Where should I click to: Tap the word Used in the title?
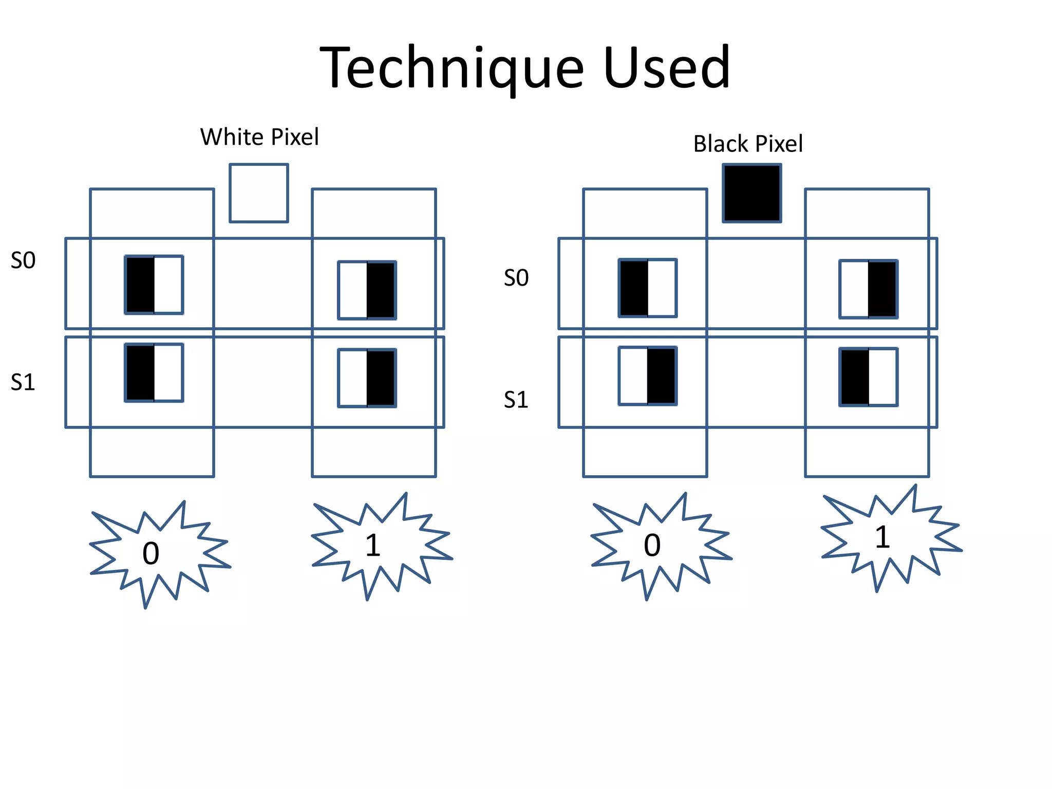click(667, 68)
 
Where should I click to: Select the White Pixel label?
click(259, 137)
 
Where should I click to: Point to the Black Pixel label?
click(748, 144)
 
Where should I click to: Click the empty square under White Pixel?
click(259, 193)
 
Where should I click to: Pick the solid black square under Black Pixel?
click(752, 193)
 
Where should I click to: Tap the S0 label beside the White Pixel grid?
click(23, 260)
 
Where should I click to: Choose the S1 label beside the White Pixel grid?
click(23, 382)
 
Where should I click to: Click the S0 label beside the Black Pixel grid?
click(516, 278)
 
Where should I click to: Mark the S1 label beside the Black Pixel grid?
click(516, 400)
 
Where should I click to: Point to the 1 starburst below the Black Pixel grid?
click(882, 537)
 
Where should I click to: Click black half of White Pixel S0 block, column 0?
click(140, 285)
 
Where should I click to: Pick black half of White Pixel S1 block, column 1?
click(381, 378)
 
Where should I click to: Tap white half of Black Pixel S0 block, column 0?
click(662, 288)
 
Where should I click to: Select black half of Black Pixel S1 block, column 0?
click(661, 376)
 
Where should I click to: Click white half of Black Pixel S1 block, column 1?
click(883, 377)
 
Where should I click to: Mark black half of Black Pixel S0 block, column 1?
click(882, 289)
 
